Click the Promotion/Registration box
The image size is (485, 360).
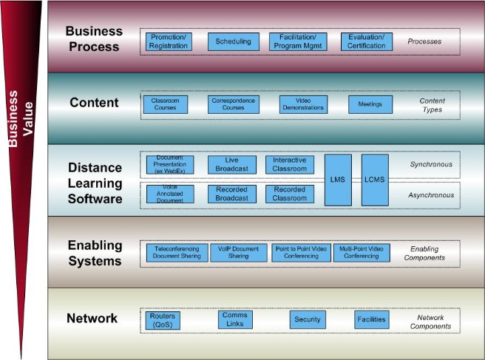(168, 41)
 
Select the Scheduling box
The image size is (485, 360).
(232, 41)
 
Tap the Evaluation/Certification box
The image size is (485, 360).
(367, 41)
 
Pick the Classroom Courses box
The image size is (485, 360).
(165, 104)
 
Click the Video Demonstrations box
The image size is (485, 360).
(303, 104)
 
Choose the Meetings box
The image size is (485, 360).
(370, 104)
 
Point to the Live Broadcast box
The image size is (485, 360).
(232, 165)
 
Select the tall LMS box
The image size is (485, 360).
(338, 180)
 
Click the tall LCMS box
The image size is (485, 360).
(374, 180)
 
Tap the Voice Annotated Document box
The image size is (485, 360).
(170, 194)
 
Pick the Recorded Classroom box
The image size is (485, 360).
(290, 194)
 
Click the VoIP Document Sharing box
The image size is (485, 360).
(238, 253)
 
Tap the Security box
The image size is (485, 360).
(308, 319)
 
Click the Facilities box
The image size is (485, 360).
(371, 319)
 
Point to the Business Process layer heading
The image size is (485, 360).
(92, 38)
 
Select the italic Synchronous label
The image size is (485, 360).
(430, 165)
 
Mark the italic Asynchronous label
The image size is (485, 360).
(430, 196)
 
